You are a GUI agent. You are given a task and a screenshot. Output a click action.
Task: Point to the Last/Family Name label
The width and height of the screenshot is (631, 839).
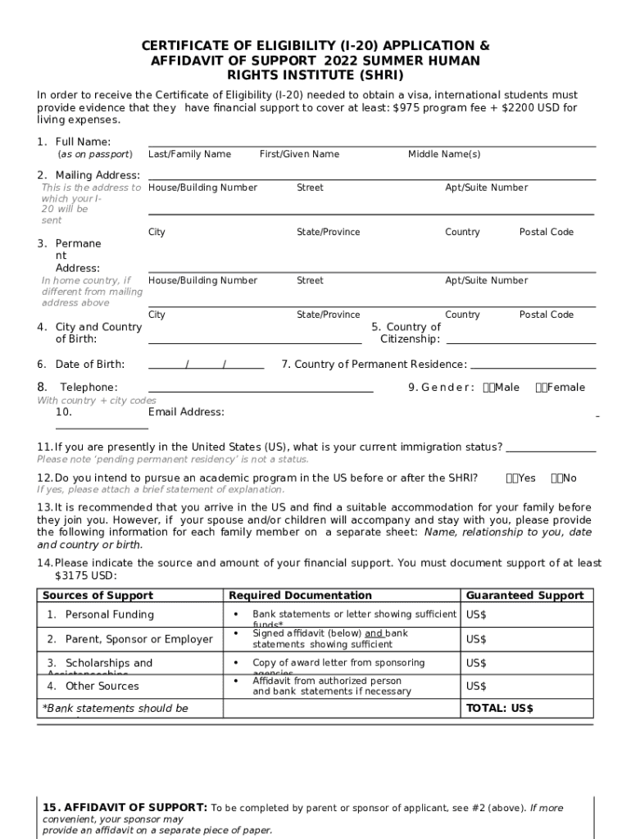189,155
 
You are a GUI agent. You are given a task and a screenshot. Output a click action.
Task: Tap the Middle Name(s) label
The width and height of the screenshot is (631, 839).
444,155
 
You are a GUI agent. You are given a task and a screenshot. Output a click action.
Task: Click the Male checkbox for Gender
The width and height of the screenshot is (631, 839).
488,388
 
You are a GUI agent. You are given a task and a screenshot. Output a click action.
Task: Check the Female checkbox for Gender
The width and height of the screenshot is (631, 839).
540,388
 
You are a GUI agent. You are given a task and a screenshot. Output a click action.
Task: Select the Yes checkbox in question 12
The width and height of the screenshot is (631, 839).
512,478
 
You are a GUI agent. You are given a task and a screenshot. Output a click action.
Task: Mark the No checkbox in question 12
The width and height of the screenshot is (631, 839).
556,478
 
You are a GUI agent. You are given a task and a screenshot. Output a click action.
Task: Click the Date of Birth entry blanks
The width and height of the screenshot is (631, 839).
206,365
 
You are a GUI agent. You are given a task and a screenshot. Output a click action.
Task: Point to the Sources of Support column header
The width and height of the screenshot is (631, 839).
98,596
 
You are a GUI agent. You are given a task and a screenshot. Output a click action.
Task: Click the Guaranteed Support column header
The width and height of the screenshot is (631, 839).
524,596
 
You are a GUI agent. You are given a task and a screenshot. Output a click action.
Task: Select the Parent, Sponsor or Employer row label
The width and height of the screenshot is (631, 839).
129,639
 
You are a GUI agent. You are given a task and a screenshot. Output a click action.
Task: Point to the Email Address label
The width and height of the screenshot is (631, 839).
186,412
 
